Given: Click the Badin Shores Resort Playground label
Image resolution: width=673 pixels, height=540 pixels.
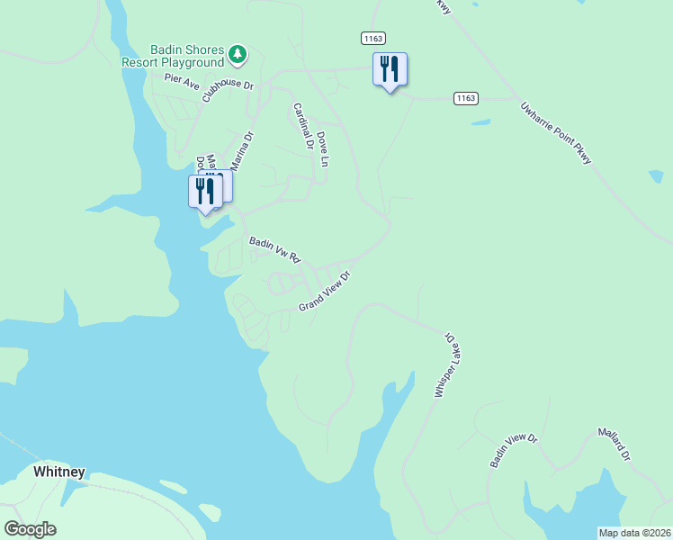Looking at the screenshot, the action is (173, 56).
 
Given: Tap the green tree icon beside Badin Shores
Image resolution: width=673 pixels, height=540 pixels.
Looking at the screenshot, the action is (238, 55).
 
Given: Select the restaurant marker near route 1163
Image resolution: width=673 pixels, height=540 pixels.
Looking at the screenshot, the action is (390, 70).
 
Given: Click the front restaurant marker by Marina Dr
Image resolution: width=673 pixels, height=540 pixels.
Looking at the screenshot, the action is (205, 193).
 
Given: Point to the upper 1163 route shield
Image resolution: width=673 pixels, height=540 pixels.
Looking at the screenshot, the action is (373, 38).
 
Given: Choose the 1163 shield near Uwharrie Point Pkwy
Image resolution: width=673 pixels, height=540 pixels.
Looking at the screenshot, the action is (465, 97).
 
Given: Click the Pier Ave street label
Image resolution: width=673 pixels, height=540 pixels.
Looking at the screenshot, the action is (182, 81).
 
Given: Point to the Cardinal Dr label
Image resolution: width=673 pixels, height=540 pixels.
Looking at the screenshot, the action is (301, 126).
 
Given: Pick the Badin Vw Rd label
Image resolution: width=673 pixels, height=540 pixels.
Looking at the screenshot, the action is (274, 249).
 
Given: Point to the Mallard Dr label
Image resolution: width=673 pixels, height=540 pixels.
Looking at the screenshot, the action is (615, 445).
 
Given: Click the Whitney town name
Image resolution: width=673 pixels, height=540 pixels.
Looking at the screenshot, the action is (59, 472).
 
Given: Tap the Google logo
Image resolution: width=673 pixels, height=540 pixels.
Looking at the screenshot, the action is (30, 528).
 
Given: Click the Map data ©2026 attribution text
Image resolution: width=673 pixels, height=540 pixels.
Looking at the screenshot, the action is (634, 533).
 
